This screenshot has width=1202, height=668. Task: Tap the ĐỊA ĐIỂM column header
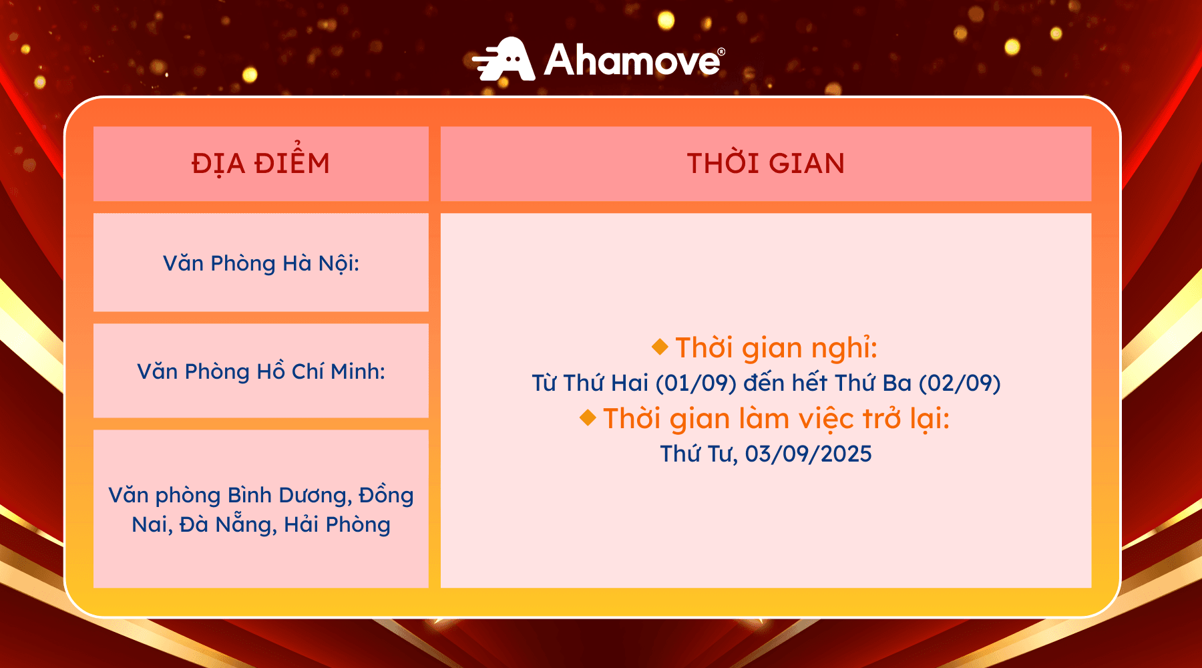pyautogui.click(x=261, y=163)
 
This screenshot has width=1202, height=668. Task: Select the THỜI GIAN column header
pyautogui.click(x=766, y=164)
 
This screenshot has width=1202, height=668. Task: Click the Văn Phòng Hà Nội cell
pyautogui.click(x=261, y=263)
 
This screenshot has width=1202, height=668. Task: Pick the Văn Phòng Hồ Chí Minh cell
pyautogui.click(x=261, y=371)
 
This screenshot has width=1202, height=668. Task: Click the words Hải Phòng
pyautogui.click(x=337, y=524)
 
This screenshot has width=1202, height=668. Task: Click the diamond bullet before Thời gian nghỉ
pyautogui.click(x=660, y=346)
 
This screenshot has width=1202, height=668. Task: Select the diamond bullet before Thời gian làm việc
pyautogui.click(x=588, y=417)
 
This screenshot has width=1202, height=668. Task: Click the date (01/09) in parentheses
pyautogui.click(x=696, y=383)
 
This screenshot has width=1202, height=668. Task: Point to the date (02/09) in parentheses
pyautogui.click(x=960, y=383)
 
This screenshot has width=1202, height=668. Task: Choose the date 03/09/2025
pyautogui.click(x=809, y=454)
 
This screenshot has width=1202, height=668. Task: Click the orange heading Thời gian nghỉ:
pyautogui.click(x=776, y=348)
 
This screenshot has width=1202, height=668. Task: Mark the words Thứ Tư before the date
pyautogui.click(x=699, y=454)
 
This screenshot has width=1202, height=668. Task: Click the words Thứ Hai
pyautogui.click(x=606, y=383)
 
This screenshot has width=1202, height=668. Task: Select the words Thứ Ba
pyautogui.click(x=873, y=383)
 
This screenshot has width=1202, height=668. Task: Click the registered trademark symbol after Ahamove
pyautogui.click(x=721, y=51)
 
